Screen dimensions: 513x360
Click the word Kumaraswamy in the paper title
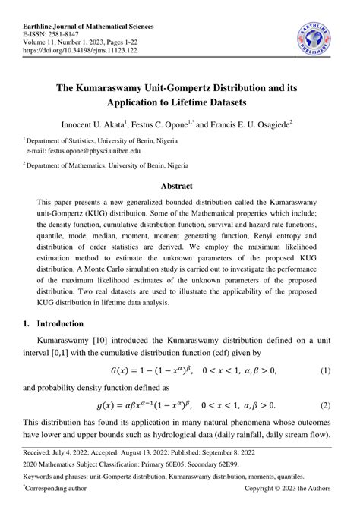[x=123, y=86]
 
